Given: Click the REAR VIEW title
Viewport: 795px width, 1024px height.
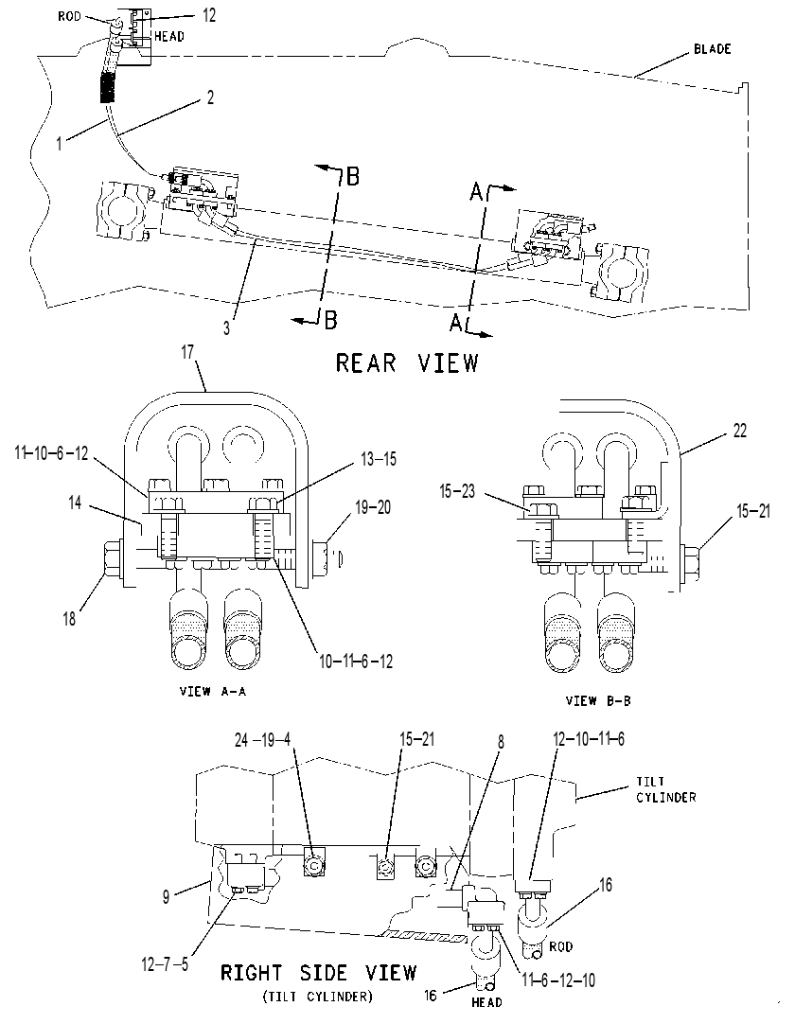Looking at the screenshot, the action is [407, 362].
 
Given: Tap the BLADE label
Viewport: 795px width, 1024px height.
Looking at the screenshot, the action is [712, 49].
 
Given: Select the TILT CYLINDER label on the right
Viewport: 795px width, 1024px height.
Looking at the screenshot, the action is [665, 789].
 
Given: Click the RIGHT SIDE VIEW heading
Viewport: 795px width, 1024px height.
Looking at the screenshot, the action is [318, 972].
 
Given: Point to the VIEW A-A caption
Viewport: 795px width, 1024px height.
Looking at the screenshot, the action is [213, 691].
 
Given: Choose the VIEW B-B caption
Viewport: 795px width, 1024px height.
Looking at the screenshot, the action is [598, 700].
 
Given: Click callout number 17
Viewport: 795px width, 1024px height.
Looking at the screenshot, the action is [188, 352].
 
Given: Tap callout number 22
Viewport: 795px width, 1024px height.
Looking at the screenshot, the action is [739, 431].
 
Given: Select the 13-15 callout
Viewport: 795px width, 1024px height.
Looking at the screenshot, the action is [379, 459].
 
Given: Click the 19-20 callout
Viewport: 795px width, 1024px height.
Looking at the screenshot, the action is [374, 506].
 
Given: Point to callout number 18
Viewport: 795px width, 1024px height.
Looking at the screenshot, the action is [69, 618].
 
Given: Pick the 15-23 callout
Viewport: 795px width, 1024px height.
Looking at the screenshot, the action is [457, 491].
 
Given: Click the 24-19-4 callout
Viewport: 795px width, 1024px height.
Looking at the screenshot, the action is [262, 739].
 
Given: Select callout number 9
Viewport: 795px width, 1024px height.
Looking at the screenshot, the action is [166, 896].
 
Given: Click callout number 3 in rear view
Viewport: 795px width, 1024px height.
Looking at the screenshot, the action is [227, 327].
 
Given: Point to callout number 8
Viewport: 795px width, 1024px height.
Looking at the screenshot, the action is [501, 743].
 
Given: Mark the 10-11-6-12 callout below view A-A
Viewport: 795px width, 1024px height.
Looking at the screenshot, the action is [356, 661].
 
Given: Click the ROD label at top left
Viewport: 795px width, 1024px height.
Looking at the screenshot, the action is [69, 16].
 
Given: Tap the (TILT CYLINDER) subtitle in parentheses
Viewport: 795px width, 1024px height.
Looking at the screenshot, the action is [318, 997].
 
